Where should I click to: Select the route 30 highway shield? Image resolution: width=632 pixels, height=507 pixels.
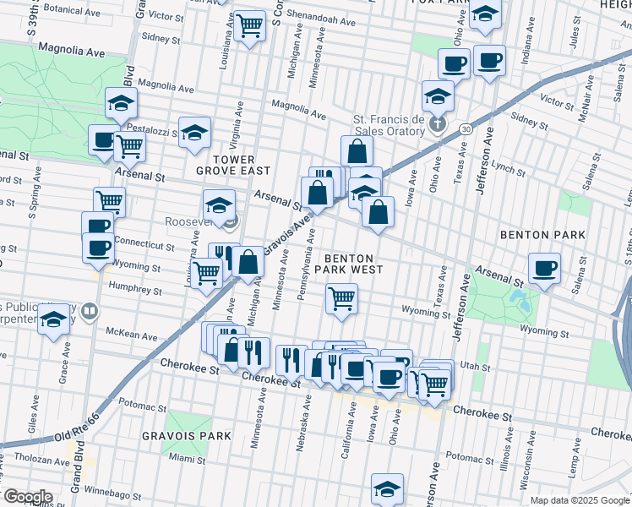[x=466, y=128]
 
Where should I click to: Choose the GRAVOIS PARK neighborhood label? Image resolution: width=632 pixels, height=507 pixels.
[x=192, y=435]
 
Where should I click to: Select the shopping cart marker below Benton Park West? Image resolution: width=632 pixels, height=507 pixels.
[x=341, y=297]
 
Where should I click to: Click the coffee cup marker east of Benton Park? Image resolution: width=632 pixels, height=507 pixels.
[x=545, y=268]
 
